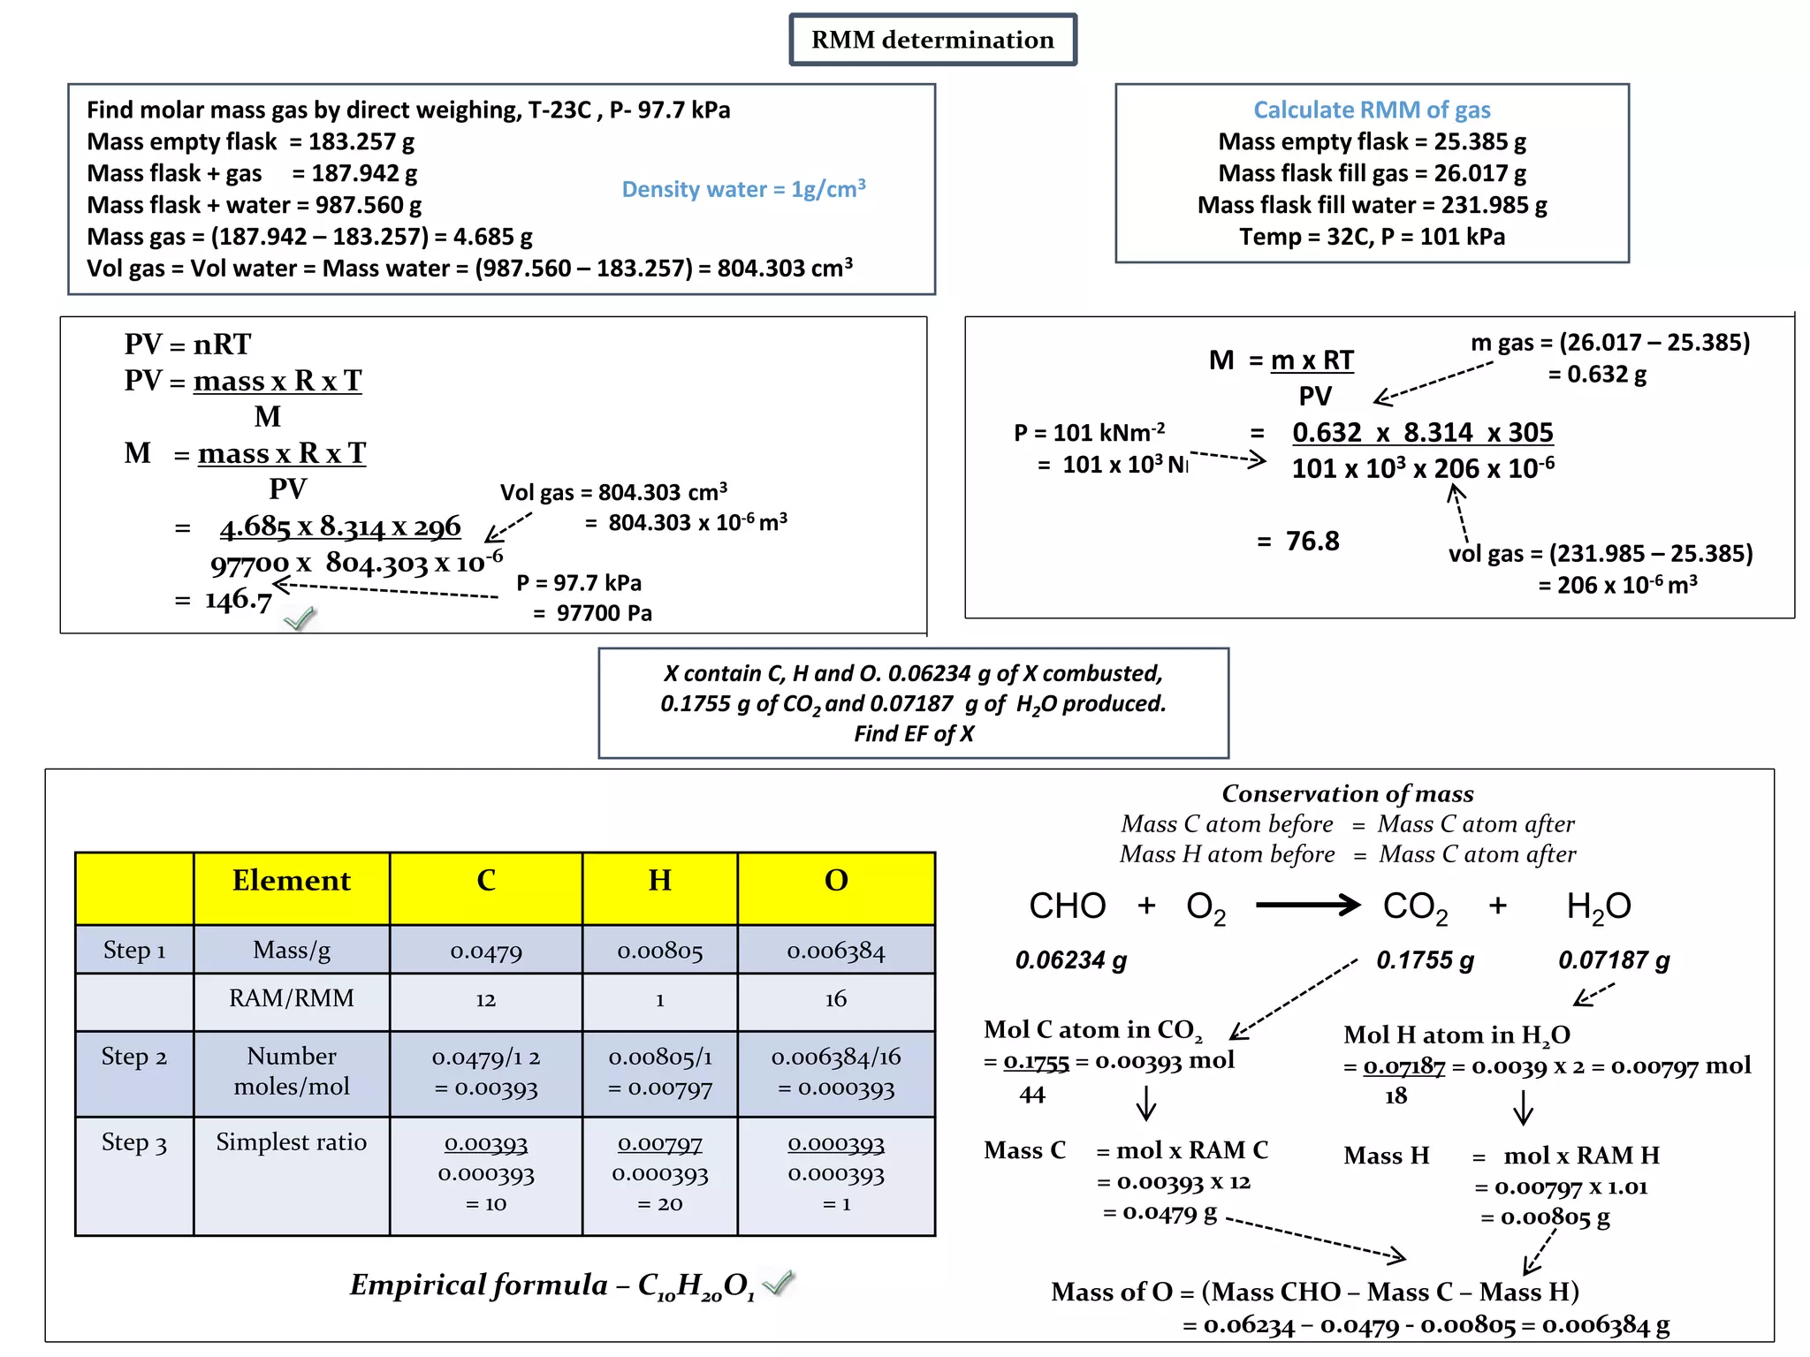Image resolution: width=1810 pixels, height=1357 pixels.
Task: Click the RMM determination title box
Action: point(932,40)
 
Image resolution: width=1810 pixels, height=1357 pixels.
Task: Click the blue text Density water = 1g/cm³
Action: point(743,189)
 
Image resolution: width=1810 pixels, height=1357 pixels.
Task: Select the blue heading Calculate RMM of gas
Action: point(1372,110)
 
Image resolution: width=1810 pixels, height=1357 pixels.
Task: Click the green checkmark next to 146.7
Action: point(300,618)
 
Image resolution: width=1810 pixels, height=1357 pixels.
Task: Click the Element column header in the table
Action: point(291,881)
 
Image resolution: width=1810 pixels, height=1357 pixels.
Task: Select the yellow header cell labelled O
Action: point(836,881)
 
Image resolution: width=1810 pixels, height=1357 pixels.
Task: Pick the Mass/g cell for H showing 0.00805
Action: point(659,951)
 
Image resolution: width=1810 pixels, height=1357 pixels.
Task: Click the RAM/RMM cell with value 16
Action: point(836,999)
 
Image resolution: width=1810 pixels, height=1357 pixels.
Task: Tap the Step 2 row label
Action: point(134,1057)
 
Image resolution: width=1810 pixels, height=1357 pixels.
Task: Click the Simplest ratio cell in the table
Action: point(291,1142)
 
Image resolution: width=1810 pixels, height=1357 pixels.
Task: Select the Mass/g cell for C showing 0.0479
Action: point(486,951)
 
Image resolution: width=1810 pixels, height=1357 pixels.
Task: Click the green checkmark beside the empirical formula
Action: point(779,1281)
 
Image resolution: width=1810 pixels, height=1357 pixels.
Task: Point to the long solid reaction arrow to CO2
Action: point(1307,905)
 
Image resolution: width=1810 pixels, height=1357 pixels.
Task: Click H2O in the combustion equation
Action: point(1598,906)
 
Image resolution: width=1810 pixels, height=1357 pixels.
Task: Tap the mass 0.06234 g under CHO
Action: point(1070,960)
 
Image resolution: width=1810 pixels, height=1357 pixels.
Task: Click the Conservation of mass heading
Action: point(1347,793)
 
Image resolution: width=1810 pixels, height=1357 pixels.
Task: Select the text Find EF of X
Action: point(913,734)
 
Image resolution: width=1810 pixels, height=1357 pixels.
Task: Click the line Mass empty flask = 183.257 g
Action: point(250,141)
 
